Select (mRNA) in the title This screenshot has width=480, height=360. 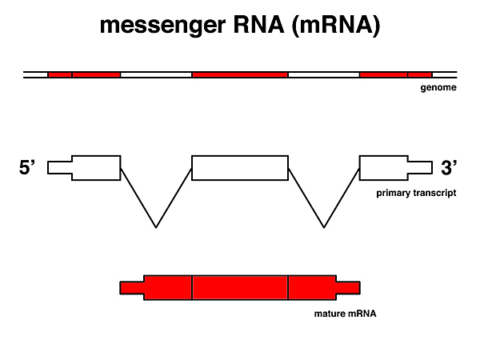(335, 26)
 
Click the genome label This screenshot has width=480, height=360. (438, 88)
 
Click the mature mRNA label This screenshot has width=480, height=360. (345, 314)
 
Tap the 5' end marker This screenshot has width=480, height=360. (28, 168)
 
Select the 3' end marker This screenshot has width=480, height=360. (449, 168)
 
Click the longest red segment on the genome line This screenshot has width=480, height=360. (240, 74)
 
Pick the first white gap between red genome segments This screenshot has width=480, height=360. (156, 74)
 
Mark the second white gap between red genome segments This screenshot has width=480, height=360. (323, 74)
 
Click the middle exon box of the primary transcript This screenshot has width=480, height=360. (240, 167)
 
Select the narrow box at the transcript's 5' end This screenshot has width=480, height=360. (60, 167)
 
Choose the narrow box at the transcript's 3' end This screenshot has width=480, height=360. (420, 167)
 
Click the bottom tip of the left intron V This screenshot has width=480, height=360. (156, 227)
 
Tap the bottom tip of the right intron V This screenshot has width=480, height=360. (324, 227)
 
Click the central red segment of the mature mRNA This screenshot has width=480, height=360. (240, 287)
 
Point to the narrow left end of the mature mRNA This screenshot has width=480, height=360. (132, 287)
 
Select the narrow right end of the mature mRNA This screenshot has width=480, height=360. (348, 287)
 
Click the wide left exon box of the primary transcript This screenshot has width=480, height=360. (96, 167)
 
